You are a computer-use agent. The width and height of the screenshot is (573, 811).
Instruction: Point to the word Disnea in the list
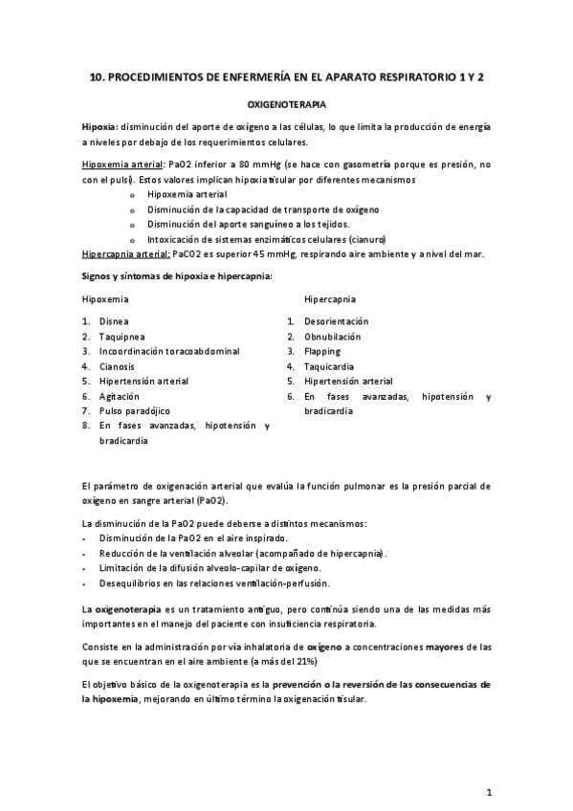113,321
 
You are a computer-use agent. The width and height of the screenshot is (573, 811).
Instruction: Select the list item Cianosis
118,366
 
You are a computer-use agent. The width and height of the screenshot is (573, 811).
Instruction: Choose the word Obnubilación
332,337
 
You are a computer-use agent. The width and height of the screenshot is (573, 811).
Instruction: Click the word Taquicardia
329,366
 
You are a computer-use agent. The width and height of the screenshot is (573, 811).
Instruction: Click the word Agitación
120,396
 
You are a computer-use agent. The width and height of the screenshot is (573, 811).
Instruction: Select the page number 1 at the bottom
488,792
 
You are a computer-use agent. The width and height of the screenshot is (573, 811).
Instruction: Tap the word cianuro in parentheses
366,238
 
